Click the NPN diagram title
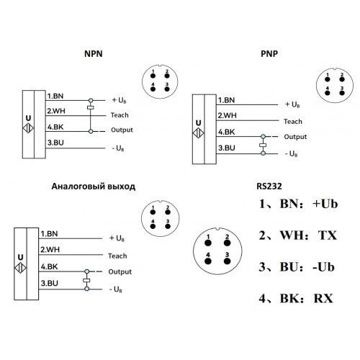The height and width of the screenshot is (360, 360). pyautogui.click(x=94, y=54)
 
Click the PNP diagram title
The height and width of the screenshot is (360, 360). pyautogui.click(x=269, y=54)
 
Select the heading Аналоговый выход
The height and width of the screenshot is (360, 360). pyautogui.click(x=94, y=186)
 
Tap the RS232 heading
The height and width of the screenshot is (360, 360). pyautogui.click(x=269, y=186)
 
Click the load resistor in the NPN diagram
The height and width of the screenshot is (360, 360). pyautogui.click(x=91, y=108)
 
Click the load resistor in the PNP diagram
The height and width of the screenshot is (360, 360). pyautogui.click(x=263, y=145)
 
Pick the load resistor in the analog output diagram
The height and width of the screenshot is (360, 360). pyautogui.click(x=86, y=280)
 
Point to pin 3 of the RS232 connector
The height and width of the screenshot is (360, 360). pyautogui.click(x=227, y=261)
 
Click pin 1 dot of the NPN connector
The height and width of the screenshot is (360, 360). pyautogui.click(x=153, y=76)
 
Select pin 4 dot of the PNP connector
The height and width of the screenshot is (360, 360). pyautogui.click(x=328, y=93)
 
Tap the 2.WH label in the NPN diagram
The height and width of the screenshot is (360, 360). pyautogui.click(x=56, y=111)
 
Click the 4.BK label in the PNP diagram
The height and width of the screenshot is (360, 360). pyautogui.click(x=227, y=132)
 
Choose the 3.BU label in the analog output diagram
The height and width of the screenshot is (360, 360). pyautogui.click(x=49, y=283)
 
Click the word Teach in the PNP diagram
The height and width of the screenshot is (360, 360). pyautogui.click(x=293, y=122)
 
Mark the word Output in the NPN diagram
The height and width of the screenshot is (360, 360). pyautogui.click(x=122, y=130)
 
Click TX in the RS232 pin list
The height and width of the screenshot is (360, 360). pyautogui.click(x=328, y=235)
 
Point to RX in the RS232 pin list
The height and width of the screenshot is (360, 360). pyautogui.click(x=323, y=299)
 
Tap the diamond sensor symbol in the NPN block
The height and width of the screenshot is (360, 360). pyautogui.click(x=28, y=128)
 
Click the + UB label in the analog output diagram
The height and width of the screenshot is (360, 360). pyautogui.click(x=117, y=238)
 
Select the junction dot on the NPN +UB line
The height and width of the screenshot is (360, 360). pyautogui.click(x=91, y=100)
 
